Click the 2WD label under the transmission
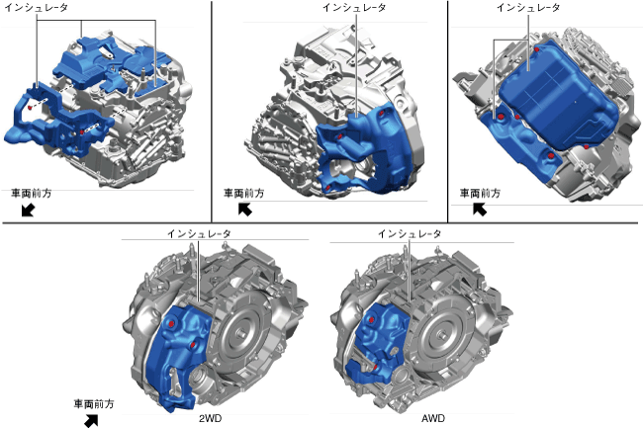[210, 418]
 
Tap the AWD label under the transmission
[433, 418]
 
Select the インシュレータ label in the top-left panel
[36, 7]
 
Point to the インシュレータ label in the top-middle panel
[354, 7]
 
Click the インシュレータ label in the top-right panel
[528, 7]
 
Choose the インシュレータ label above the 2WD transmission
[199, 234]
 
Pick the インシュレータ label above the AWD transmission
[410, 234]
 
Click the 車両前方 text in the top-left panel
[32, 194]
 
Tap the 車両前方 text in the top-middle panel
[243, 194]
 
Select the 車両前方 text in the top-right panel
[480, 194]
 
